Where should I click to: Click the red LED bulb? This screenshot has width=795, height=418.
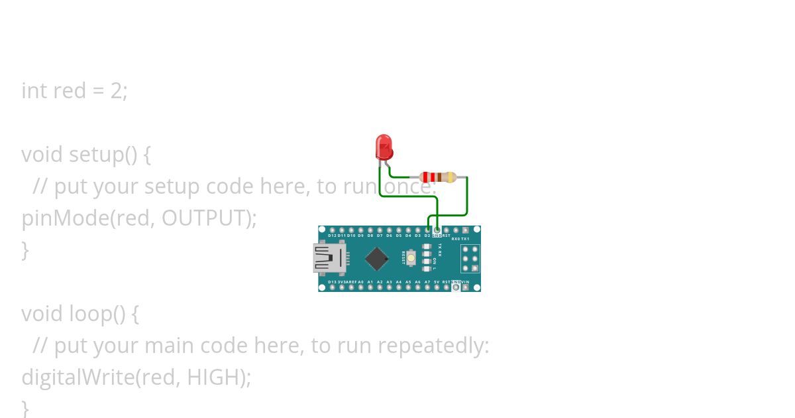pos(384,146)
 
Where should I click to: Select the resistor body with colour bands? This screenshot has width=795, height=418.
pos(437,177)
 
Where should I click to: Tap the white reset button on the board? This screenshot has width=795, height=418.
pos(411,257)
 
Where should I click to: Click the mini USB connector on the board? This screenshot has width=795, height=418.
pos(329,258)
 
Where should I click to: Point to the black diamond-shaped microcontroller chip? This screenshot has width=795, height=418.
pos(376,259)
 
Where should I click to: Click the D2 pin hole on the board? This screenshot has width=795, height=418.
pos(427,230)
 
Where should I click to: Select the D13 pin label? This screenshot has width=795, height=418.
pos(332,282)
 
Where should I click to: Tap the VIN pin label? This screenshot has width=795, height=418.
pos(465,282)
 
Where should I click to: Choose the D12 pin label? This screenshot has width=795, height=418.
pos(332,236)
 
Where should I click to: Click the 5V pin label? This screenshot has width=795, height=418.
pos(437,282)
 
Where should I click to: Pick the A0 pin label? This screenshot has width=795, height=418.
pos(360,282)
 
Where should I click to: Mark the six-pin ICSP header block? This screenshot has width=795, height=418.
pos(470,259)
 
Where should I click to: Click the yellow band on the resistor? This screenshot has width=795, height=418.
pos(451,177)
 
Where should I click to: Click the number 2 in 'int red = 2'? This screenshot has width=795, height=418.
pos(117,90)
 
